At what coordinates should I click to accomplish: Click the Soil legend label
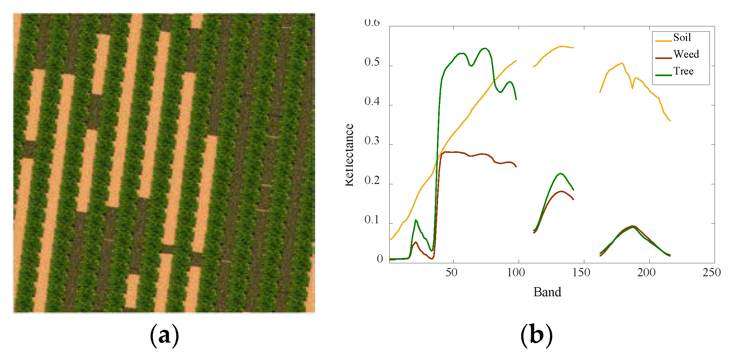coord(682,38)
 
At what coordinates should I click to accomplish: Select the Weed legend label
coord(686,54)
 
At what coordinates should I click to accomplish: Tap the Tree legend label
coord(683,71)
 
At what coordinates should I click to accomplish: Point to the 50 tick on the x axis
coord(451,272)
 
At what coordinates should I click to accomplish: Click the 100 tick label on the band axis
coord(516,272)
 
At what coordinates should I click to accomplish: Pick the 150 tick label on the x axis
coord(581,272)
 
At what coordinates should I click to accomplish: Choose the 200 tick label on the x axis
coord(646,272)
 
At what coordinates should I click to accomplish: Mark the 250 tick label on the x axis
coord(711,272)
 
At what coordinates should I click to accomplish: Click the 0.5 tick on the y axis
coord(372,62)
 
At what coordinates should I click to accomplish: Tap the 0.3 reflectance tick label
coord(372,141)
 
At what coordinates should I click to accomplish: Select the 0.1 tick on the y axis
coord(372,220)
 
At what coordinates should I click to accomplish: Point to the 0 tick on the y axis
coord(379,259)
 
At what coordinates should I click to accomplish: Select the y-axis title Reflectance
coord(349,155)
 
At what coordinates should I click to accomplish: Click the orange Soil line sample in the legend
coord(663,41)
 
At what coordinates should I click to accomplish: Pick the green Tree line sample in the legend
coord(663,75)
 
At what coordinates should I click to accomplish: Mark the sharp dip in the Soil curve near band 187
coord(632,88)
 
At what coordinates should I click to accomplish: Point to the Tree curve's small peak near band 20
coord(416,220)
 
